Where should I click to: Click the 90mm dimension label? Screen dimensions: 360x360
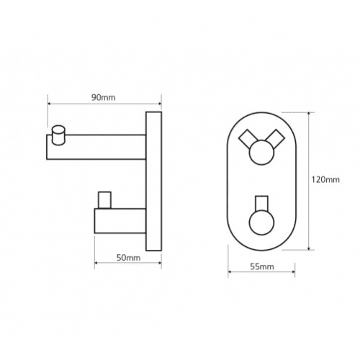[104, 98]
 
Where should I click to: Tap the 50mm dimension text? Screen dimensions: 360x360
[128, 258]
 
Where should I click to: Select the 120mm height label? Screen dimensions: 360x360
[325, 179]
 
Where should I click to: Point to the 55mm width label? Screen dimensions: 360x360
[262, 266]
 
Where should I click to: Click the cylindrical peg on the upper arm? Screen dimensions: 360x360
[58, 135]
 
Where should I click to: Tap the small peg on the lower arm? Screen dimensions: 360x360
[104, 200]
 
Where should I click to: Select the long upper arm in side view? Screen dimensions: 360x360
[96, 147]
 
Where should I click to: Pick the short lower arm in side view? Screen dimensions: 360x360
[120, 221]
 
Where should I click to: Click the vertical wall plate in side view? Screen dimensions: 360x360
[153, 181]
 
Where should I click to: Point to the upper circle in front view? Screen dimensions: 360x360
[261, 153]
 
